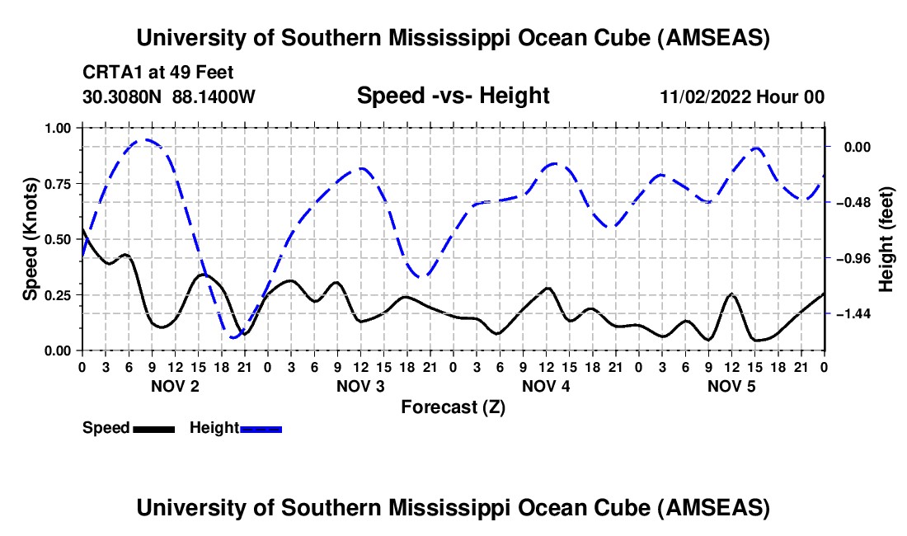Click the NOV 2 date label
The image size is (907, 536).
pos(174,386)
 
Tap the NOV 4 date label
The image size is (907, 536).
pos(546,386)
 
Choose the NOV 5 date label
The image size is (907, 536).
pos(731,386)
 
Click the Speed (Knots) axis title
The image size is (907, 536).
pos(31,239)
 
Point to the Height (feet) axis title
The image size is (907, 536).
pos(886,239)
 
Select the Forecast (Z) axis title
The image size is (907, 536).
pos(453,407)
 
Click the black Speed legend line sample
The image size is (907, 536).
pos(153,428)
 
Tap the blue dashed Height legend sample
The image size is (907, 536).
pos(261,428)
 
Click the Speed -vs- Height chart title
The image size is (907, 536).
pos(453,96)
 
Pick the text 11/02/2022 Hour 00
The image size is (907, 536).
pos(742,96)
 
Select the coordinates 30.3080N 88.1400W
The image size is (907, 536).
pos(169,96)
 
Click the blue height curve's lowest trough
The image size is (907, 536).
pos(234,336)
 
